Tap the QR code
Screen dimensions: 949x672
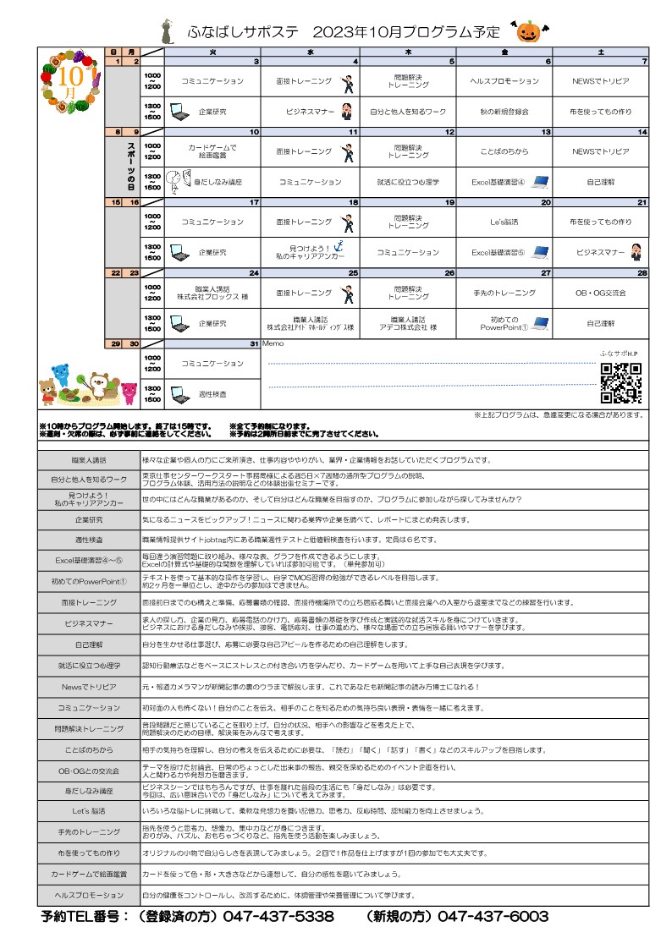click(620, 383)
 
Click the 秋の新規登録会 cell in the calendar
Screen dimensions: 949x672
click(504, 111)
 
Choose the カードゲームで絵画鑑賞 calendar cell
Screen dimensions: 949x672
click(212, 151)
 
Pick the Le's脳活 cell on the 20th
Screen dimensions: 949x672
click(504, 222)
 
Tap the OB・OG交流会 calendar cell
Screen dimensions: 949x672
click(601, 293)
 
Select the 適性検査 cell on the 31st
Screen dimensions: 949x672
click(212, 394)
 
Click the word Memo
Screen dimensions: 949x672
click(272, 344)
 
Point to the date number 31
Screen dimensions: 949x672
click(253, 344)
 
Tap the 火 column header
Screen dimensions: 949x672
click(212, 52)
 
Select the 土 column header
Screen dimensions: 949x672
click(601, 52)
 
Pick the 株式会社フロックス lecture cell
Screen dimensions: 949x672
click(212, 293)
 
